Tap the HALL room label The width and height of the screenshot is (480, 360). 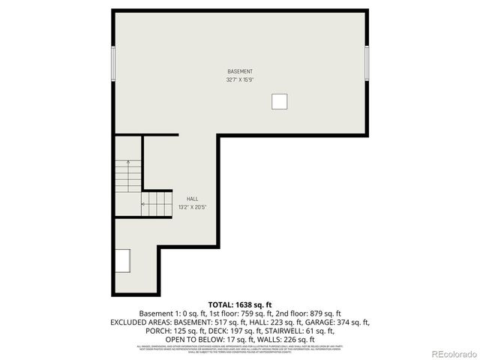(x=193, y=199)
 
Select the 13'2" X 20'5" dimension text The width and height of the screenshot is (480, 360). (x=192, y=207)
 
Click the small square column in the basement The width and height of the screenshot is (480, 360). (x=279, y=101)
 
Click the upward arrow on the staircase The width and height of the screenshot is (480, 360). (x=127, y=165)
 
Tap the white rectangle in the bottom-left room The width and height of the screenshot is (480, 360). (x=122, y=262)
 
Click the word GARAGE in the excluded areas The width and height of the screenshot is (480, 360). (x=304, y=322)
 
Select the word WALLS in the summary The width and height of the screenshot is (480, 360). (x=268, y=338)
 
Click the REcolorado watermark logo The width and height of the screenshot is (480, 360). (x=449, y=352)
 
